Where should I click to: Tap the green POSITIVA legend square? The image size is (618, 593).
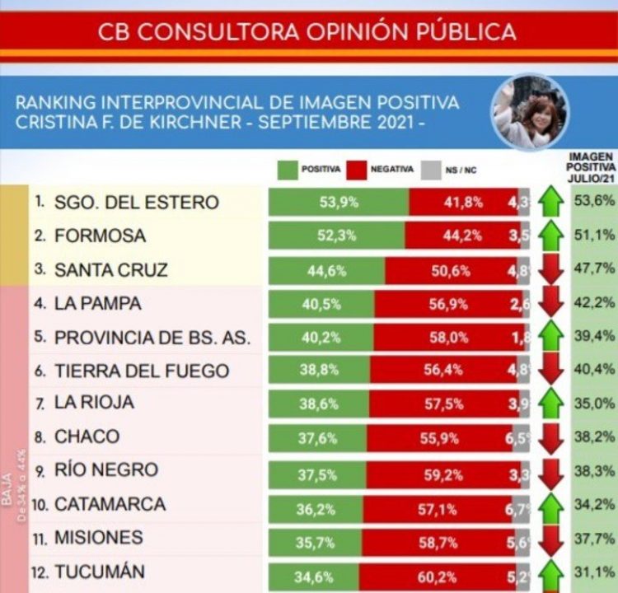click(288, 170)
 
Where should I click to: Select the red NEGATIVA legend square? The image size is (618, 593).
click(357, 170)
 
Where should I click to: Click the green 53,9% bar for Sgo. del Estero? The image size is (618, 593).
click(339, 202)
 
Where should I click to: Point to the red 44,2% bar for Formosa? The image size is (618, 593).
click(461, 236)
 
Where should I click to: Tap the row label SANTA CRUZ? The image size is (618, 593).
click(111, 269)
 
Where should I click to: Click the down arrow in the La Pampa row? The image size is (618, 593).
click(550, 303)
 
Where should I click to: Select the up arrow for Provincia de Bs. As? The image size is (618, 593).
click(550, 337)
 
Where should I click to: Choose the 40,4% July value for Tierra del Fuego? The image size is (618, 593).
click(593, 371)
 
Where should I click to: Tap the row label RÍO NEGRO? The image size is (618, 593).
click(106, 470)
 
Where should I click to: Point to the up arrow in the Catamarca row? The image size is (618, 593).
click(550, 504)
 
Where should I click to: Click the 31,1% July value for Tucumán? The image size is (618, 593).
click(593, 572)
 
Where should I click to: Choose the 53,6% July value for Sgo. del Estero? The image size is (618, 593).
click(593, 202)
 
